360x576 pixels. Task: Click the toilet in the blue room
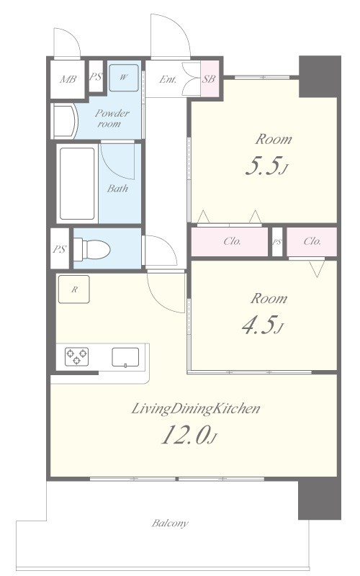pyautogui.click(x=92, y=249)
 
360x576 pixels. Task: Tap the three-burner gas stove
pyautogui.click(x=77, y=356)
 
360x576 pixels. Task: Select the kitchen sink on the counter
pyautogui.click(x=125, y=357)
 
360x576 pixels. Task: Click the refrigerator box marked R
pyautogui.click(x=74, y=289)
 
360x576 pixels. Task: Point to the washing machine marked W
pyautogui.click(x=124, y=78)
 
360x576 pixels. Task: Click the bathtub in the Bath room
pyautogui.click(x=77, y=184)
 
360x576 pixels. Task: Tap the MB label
pyautogui.click(x=68, y=79)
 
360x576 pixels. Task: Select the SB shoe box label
pyautogui.click(x=209, y=78)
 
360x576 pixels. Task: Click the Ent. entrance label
pyautogui.click(x=168, y=79)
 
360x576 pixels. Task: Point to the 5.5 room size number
pyautogui.click(x=263, y=166)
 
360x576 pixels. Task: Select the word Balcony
pyautogui.click(x=170, y=523)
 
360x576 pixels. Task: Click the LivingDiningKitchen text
pyautogui.click(x=196, y=408)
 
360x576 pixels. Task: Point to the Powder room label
pyautogui.click(x=110, y=118)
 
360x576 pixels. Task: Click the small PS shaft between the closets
pyautogui.click(x=277, y=242)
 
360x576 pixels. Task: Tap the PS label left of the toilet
pyautogui.click(x=59, y=249)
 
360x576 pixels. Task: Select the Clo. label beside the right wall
pyautogui.click(x=312, y=241)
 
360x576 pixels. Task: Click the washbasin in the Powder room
pyautogui.click(x=65, y=121)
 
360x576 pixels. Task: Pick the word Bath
pyautogui.click(x=117, y=189)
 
